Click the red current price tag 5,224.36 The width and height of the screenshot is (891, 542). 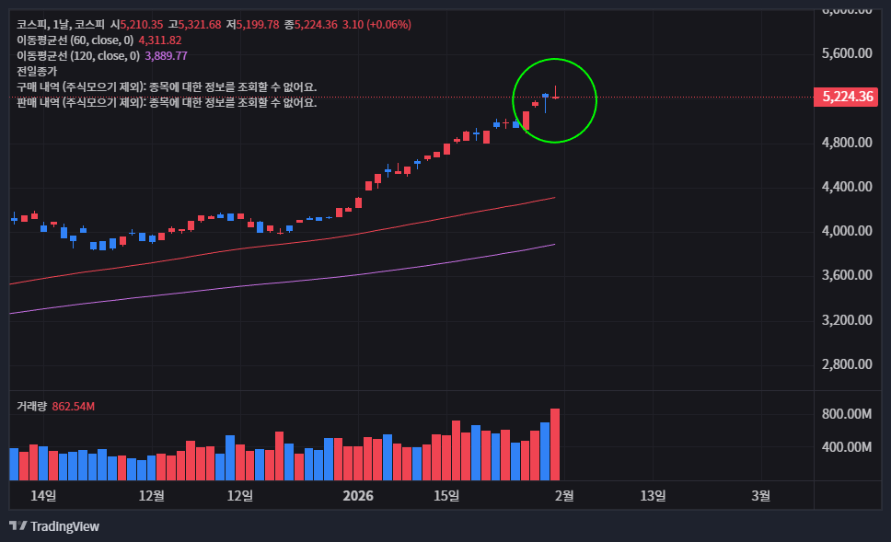847,97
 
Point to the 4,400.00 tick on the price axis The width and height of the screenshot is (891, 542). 846,187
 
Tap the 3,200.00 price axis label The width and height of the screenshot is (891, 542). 846,320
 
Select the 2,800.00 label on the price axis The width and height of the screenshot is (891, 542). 846,364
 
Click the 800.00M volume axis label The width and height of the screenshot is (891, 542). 846,414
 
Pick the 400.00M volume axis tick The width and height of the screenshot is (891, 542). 846,447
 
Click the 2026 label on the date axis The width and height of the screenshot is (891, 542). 357,496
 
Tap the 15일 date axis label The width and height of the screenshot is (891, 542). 446,496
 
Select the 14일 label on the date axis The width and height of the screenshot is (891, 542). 43,496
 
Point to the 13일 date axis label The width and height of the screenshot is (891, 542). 653,496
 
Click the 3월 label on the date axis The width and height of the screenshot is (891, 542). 761,496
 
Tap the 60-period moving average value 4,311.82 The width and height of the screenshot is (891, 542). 160,40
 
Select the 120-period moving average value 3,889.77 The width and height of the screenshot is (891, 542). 167,55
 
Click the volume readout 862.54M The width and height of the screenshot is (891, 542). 74,406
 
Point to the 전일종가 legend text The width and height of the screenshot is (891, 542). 37,71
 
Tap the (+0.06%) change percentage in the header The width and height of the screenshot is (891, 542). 388,24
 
